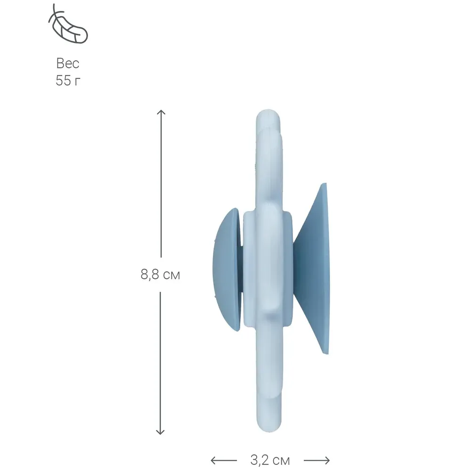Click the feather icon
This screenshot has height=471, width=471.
[x=68, y=24]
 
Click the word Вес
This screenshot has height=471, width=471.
[x=68, y=64]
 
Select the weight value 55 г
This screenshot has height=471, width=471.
[x=68, y=81]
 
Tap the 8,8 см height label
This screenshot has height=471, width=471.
[x=160, y=275]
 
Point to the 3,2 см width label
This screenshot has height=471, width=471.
[x=270, y=460]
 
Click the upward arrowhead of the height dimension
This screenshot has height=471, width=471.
[x=161, y=112]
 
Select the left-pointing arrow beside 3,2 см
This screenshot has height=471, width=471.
[x=223, y=460]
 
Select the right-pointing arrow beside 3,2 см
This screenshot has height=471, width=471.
[x=317, y=460]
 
